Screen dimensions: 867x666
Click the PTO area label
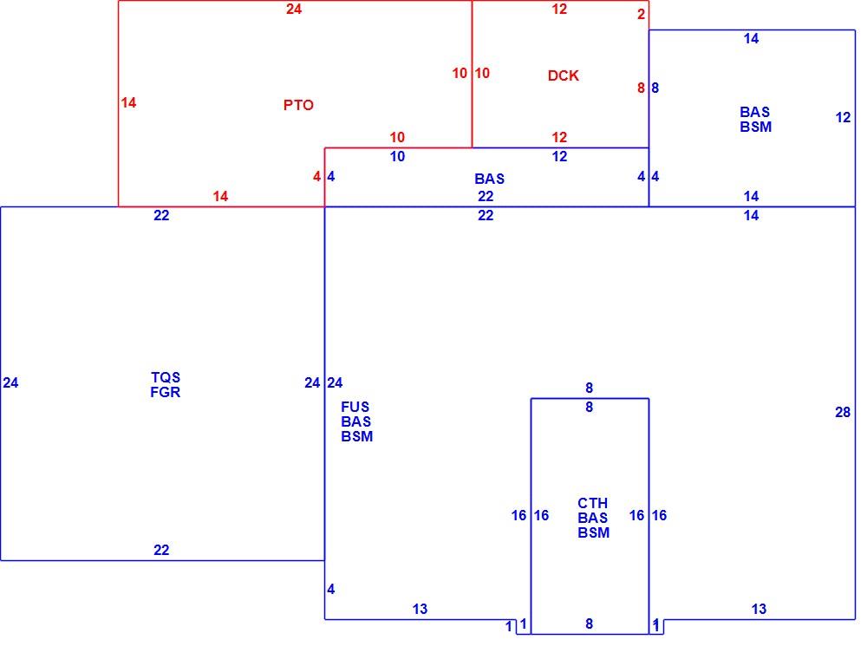coord(298,105)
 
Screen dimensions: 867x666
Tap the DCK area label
coord(563,75)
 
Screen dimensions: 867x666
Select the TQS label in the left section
coord(166,377)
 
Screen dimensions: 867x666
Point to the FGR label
coord(166,392)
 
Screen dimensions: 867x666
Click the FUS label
coord(355,407)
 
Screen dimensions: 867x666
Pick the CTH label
coord(593,503)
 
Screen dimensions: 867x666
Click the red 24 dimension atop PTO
coord(294,9)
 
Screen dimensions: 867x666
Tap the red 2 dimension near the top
coord(641,14)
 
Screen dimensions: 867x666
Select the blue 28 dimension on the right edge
coord(843,412)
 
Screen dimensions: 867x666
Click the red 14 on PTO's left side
coord(128,103)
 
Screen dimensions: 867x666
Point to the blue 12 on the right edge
coord(843,117)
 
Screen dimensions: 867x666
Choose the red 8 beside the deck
coord(641,88)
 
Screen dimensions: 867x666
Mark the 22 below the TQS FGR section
coord(161,551)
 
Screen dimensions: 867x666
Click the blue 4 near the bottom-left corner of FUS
coord(330,589)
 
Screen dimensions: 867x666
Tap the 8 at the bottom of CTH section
coord(589,624)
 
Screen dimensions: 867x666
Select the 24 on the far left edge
coord(10,382)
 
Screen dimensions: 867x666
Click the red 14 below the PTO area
coord(220,196)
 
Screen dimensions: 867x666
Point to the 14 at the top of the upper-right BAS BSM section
coord(751,39)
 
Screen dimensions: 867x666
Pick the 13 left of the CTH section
coord(420,609)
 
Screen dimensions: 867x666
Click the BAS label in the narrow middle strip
coord(489,179)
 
